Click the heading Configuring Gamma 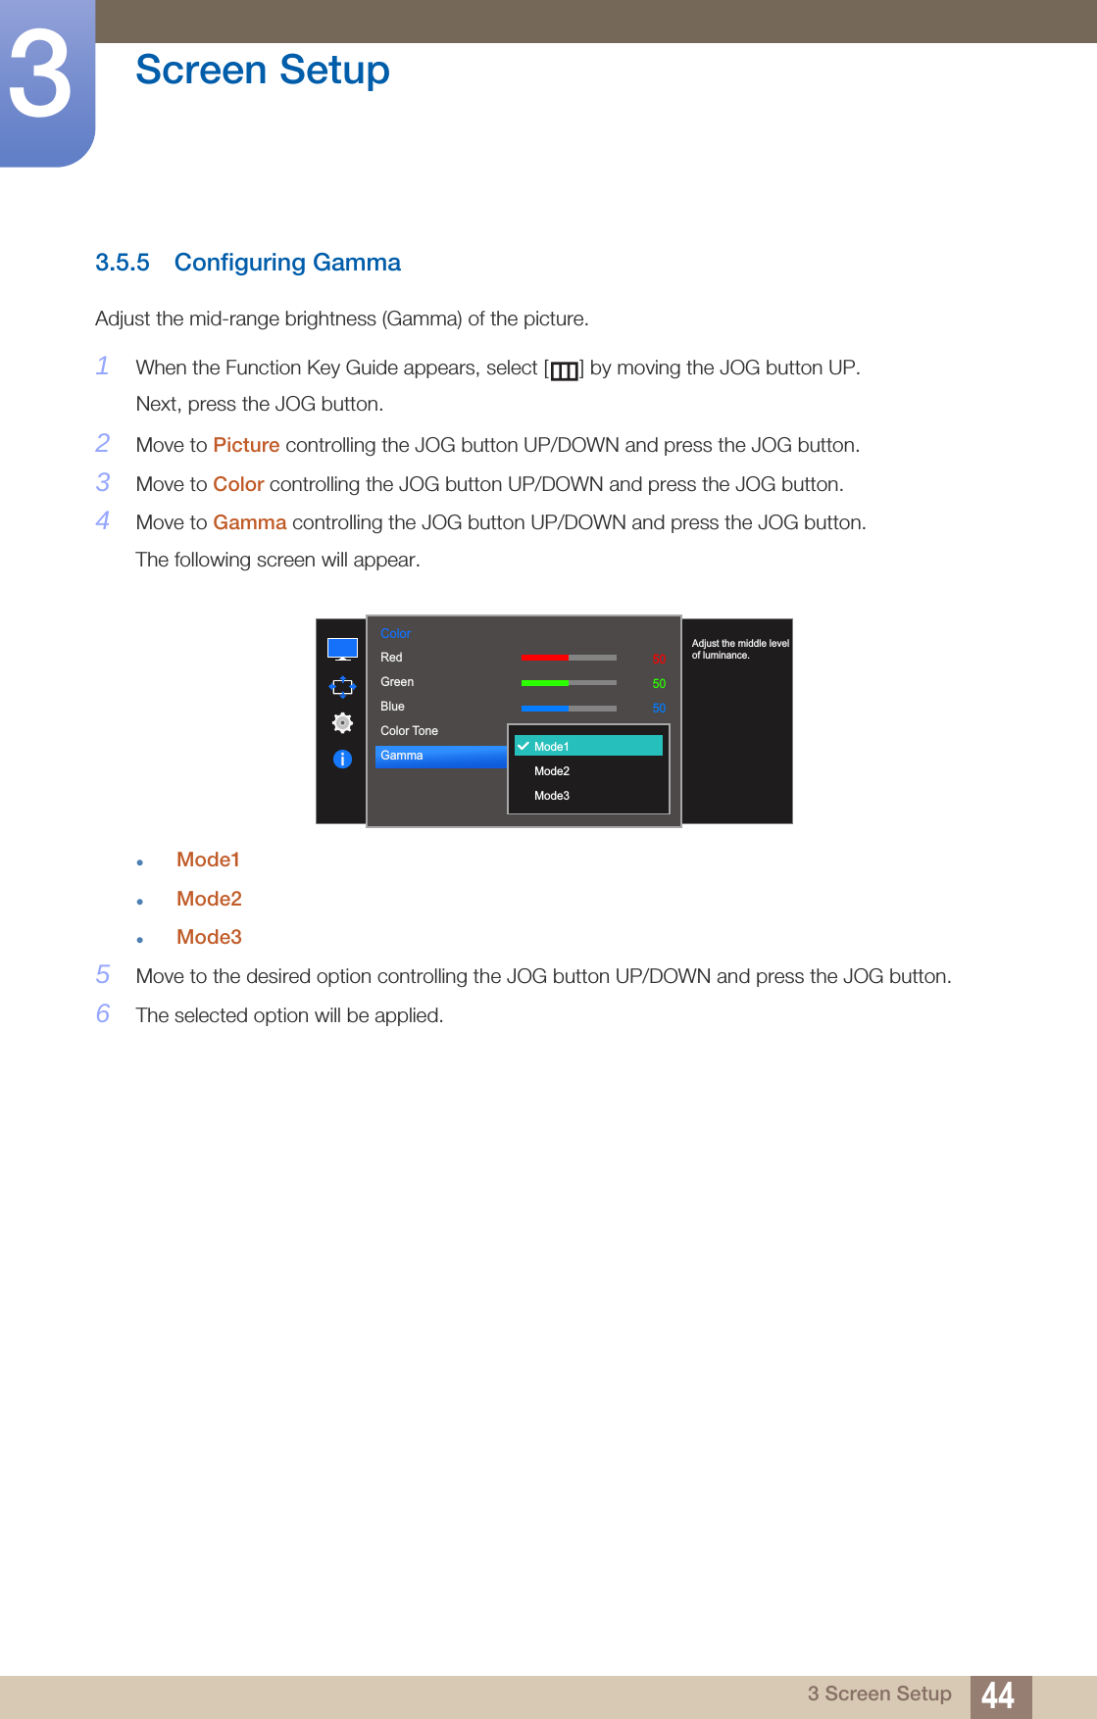[287, 263]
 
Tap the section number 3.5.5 [123, 263]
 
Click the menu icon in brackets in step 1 [564, 370]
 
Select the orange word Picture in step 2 [246, 445]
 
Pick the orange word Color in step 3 [238, 484]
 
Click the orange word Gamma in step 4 [250, 522]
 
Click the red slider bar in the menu [569, 658]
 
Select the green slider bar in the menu [569, 682]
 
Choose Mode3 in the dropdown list [552, 796]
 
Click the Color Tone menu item [409, 731]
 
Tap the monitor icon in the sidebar [342, 649]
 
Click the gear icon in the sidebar [342, 722]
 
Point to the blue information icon [342, 759]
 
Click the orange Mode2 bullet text [209, 899]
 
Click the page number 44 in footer [998, 1695]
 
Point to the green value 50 [659, 684]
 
